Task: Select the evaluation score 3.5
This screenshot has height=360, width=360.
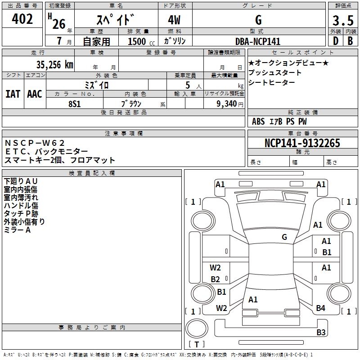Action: [342, 20]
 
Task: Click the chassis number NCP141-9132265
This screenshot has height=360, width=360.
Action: [302, 143]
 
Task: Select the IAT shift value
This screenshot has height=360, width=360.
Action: [13, 94]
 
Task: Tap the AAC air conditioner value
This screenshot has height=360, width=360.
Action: [34, 94]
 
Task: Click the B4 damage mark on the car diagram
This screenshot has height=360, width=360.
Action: [320, 308]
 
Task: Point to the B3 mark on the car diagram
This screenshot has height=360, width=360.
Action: [321, 333]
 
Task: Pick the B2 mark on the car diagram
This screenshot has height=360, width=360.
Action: [216, 279]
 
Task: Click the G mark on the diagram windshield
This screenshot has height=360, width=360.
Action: [284, 237]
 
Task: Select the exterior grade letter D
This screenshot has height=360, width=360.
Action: [335, 41]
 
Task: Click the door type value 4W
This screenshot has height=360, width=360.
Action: [175, 20]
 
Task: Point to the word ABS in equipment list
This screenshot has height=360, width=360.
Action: [258, 121]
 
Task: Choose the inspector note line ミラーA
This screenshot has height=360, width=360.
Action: [17, 229]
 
